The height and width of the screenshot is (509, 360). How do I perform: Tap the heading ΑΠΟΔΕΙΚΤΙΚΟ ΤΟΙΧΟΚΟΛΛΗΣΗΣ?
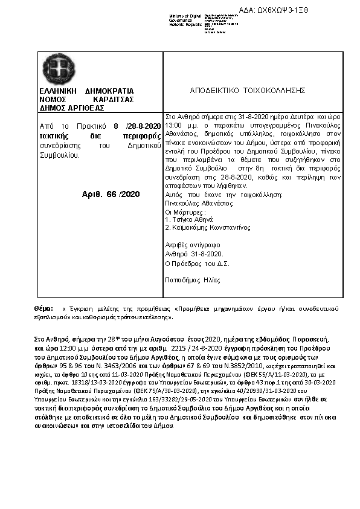click(248, 90)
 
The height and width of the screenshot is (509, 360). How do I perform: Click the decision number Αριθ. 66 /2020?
click(110, 193)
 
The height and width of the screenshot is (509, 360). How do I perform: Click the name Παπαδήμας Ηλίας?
click(193, 280)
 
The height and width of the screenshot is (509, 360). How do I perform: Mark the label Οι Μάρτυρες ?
click(186, 213)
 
